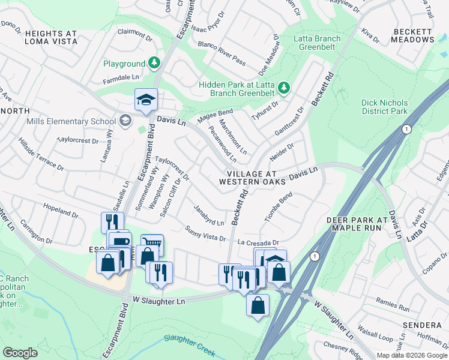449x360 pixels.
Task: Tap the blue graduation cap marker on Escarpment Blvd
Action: click(145, 101)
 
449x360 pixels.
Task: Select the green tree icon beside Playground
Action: click(155, 63)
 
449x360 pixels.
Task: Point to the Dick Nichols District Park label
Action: click(385, 107)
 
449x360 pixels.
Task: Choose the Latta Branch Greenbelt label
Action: click(317, 43)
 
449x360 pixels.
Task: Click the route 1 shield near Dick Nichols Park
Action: click(406, 130)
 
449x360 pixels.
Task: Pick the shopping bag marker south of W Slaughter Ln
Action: click(258, 305)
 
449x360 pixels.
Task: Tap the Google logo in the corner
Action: click(20, 353)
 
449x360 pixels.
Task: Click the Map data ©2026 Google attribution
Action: click(412, 355)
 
